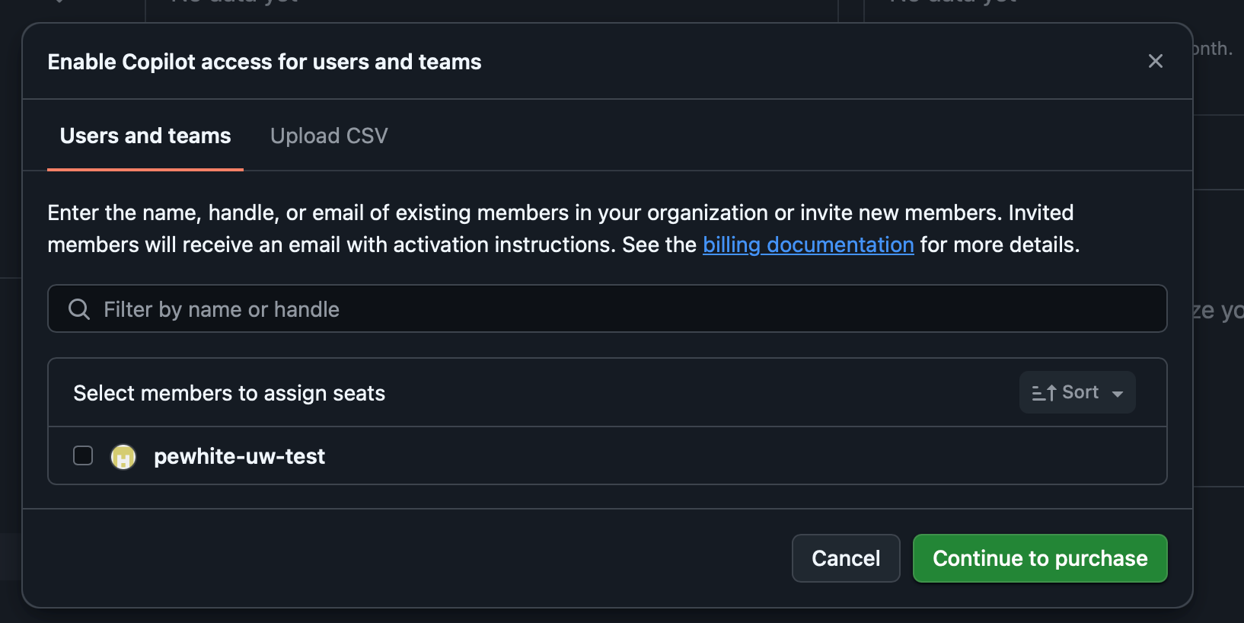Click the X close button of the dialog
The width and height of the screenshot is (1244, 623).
pyautogui.click(x=1155, y=61)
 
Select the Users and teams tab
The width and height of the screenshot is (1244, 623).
pyautogui.click(x=145, y=136)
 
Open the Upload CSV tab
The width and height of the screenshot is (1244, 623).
pyautogui.click(x=329, y=136)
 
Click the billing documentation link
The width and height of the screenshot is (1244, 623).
pyautogui.click(x=808, y=244)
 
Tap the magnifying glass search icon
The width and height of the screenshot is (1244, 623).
pyautogui.click(x=79, y=309)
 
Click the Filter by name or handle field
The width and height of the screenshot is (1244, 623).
pyautogui.click(x=609, y=309)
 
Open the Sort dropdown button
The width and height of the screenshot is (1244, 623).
pyautogui.click(x=1077, y=392)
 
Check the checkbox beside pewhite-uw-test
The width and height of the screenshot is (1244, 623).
pyautogui.click(x=83, y=455)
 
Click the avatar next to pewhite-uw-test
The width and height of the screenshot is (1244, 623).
pyautogui.click(x=123, y=457)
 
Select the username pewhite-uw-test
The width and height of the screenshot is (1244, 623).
pyautogui.click(x=239, y=456)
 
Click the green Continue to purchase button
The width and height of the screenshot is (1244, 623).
pyautogui.click(x=1039, y=558)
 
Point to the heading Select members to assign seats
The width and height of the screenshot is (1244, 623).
pyautogui.click(x=229, y=393)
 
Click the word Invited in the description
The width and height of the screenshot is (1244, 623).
pyautogui.click(x=1041, y=212)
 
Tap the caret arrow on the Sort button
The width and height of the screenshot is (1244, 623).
pyautogui.click(x=1118, y=394)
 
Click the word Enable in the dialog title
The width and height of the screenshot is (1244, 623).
pyautogui.click(x=81, y=62)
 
